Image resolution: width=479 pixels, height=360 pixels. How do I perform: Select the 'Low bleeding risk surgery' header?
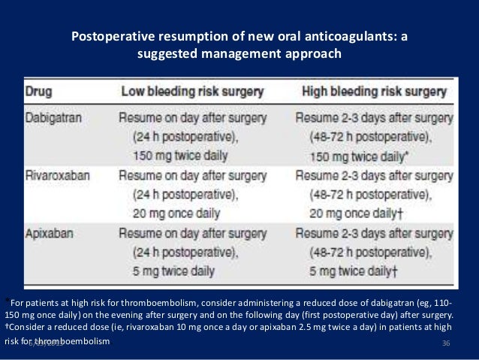pos(192,92)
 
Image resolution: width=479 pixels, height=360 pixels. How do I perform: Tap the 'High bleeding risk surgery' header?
pos(374,92)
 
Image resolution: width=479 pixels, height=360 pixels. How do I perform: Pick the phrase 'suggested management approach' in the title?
pos(239,54)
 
